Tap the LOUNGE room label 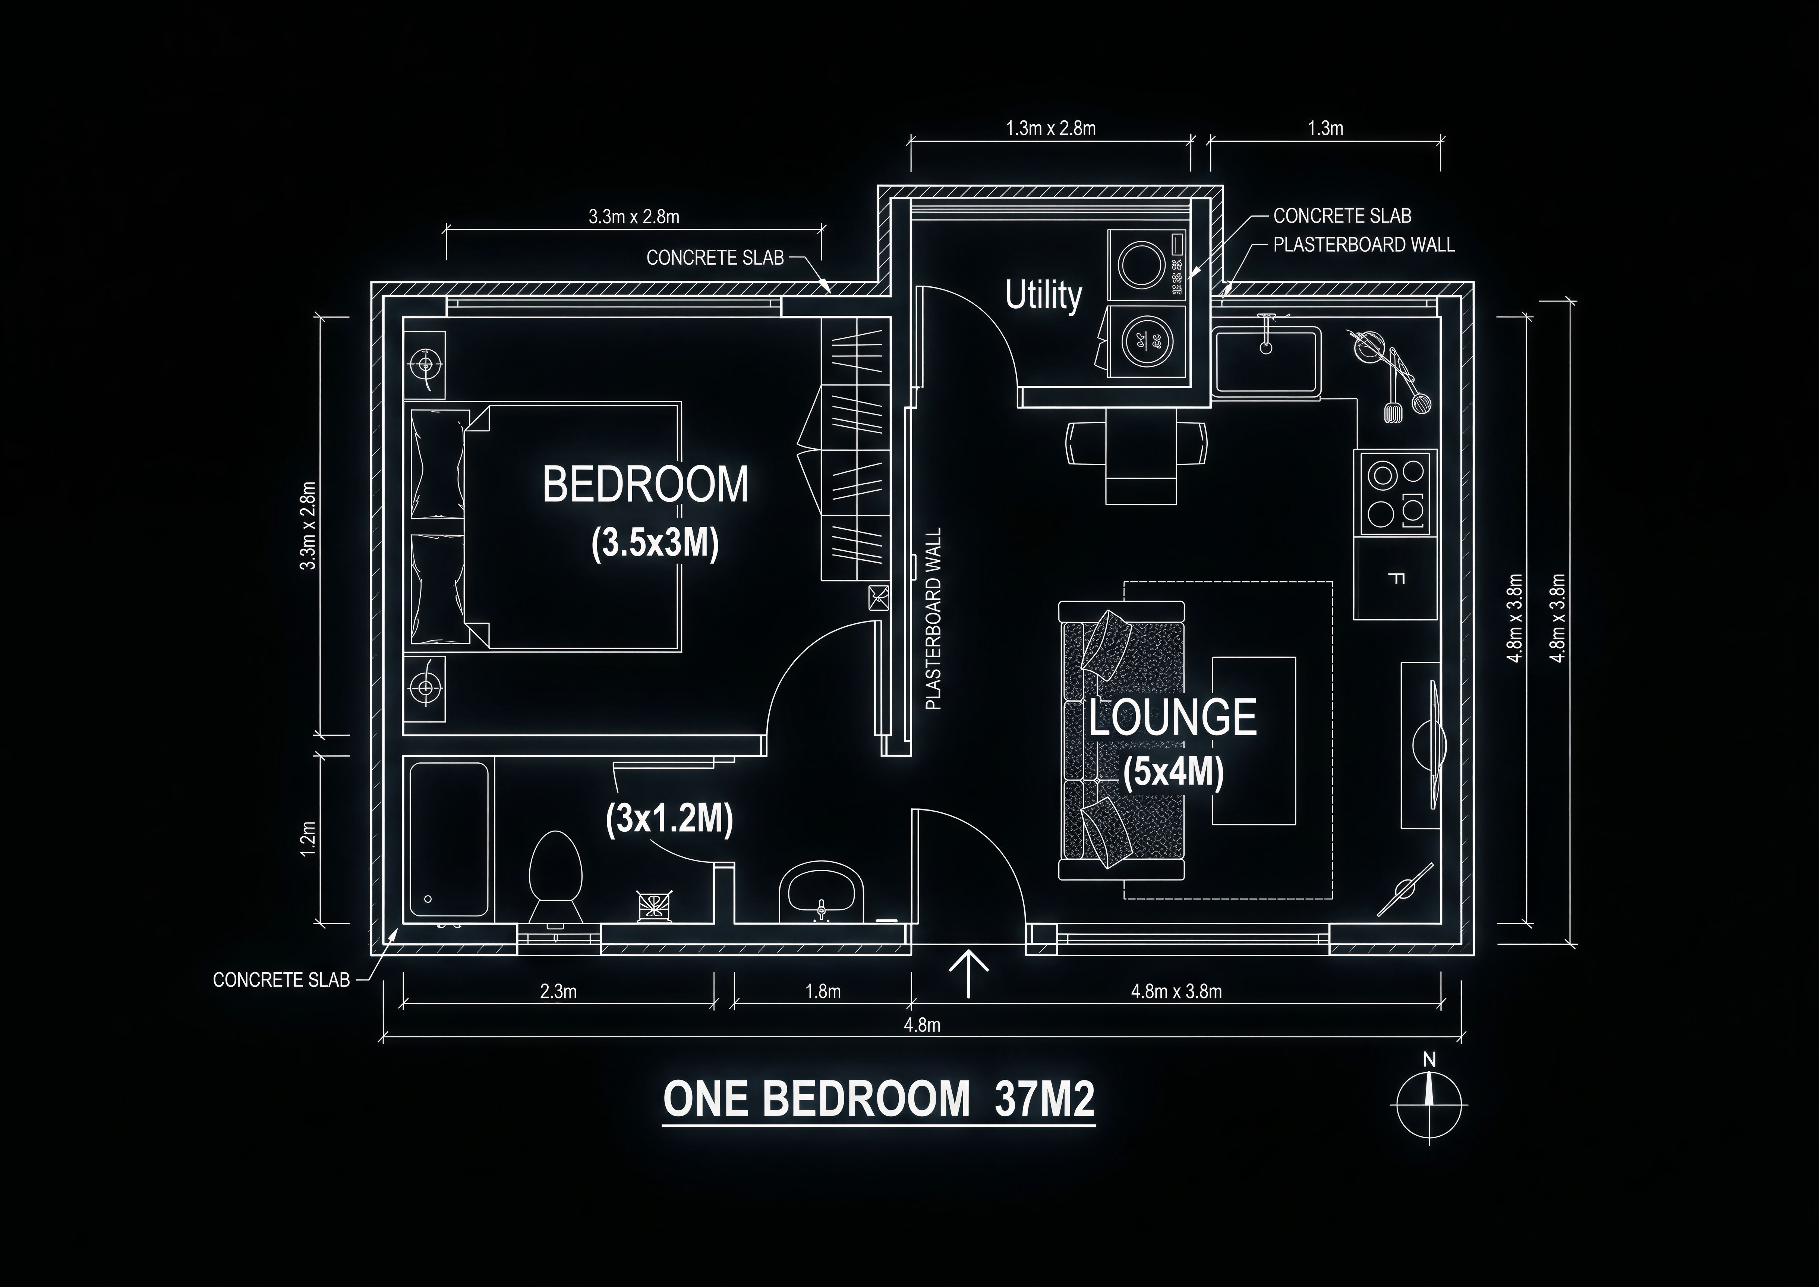click(1173, 717)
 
